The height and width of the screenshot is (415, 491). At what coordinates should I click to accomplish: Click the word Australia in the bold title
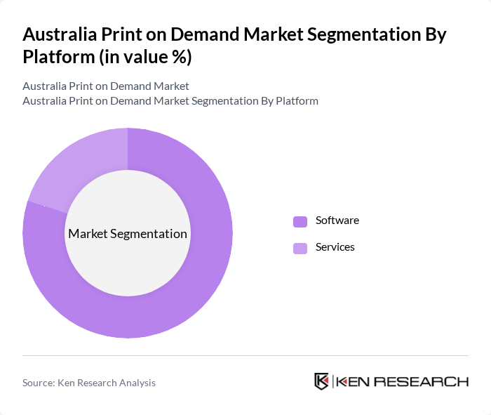pyautogui.click(x=60, y=34)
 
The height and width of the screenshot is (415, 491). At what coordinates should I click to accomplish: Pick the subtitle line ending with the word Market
pyautogui.click(x=106, y=86)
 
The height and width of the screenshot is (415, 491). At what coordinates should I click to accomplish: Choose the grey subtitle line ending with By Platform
pyautogui.click(x=170, y=100)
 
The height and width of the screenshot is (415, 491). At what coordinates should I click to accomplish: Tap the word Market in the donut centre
pyautogui.click(x=88, y=234)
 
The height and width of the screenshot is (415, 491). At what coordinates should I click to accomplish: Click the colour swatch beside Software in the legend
pyautogui.click(x=300, y=221)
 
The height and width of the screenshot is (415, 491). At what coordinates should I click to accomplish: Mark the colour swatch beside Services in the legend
pyautogui.click(x=300, y=248)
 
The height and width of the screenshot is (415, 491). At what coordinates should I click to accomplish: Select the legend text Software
pyautogui.click(x=337, y=220)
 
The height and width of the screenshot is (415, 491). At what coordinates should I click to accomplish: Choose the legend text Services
pyautogui.click(x=335, y=247)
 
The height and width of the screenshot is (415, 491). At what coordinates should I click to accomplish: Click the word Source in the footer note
pyautogui.click(x=38, y=383)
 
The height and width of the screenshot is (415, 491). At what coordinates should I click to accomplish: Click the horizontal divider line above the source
pyautogui.click(x=245, y=355)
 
